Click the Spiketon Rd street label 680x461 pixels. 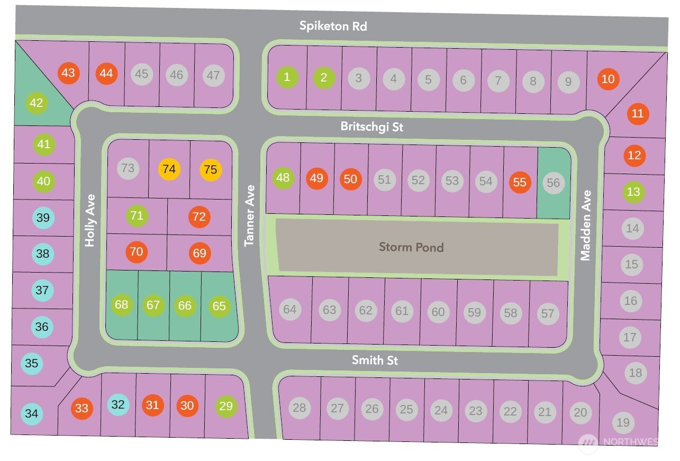[333, 25]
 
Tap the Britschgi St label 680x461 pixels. [372, 127]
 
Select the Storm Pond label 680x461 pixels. [411, 247]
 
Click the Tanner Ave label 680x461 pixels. [250, 215]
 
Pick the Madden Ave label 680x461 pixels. [585, 225]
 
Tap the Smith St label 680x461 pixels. [375, 360]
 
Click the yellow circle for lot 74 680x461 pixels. [169, 169]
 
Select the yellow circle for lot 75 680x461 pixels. [211, 170]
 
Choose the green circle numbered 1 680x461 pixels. [287, 77]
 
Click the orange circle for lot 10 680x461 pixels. [609, 79]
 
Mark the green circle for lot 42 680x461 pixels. [36, 103]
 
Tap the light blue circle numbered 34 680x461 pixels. [32, 413]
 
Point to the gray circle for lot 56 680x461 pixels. [553, 183]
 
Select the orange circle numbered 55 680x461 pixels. [520, 182]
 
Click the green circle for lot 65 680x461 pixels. [219, 306]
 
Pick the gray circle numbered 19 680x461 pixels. [623, 422]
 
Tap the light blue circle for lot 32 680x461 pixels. [118, 405]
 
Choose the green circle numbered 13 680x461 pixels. [633, 192]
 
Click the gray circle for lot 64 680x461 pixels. [289, 309]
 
